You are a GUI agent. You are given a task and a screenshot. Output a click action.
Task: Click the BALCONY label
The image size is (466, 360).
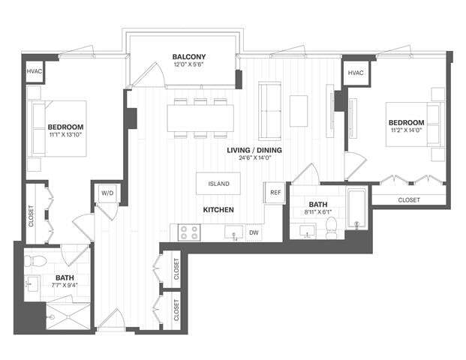tap(188, 57)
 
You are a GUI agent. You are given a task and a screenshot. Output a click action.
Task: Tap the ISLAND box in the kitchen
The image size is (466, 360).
tap(218, 184)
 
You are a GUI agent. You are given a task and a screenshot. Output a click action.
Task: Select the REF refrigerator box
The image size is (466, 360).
tap(275, 192)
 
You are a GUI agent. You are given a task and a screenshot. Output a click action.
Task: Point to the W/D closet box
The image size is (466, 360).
tap(107, 193)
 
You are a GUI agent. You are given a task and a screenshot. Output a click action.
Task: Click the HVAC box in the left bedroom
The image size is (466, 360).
tap(35, 71)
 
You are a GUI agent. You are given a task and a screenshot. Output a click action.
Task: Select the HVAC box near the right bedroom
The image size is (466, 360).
tap(356, 73)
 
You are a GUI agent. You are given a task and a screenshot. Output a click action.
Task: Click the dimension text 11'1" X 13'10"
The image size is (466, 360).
tap(65, 135)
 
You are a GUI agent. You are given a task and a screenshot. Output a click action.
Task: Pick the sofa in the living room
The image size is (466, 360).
tap(269, 110)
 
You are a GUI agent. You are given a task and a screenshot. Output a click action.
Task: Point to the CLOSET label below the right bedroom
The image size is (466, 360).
tap(408, 200)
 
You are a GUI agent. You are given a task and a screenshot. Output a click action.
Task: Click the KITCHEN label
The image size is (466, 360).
tap(218, 210)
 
